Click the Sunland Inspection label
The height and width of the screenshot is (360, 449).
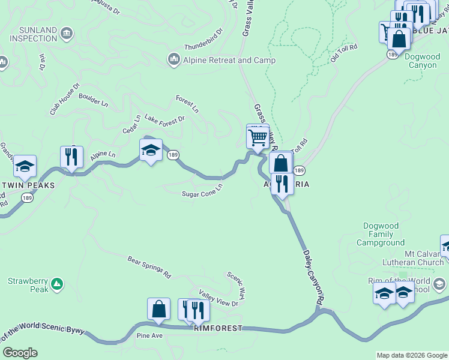[32, 34]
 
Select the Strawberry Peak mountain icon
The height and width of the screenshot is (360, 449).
[56, 283]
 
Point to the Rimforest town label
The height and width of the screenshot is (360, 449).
[218, 328]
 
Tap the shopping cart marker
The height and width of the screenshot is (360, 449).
[258, 137]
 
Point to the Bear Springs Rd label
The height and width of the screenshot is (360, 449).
[149, 267]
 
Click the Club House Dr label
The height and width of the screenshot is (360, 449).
[65, 100]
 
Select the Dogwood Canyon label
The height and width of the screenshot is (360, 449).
[423, 61]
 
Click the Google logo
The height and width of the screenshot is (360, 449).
[20, 353]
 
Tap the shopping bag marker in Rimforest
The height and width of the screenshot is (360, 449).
[158, 309]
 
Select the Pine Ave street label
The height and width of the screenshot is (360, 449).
[149, 335]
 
